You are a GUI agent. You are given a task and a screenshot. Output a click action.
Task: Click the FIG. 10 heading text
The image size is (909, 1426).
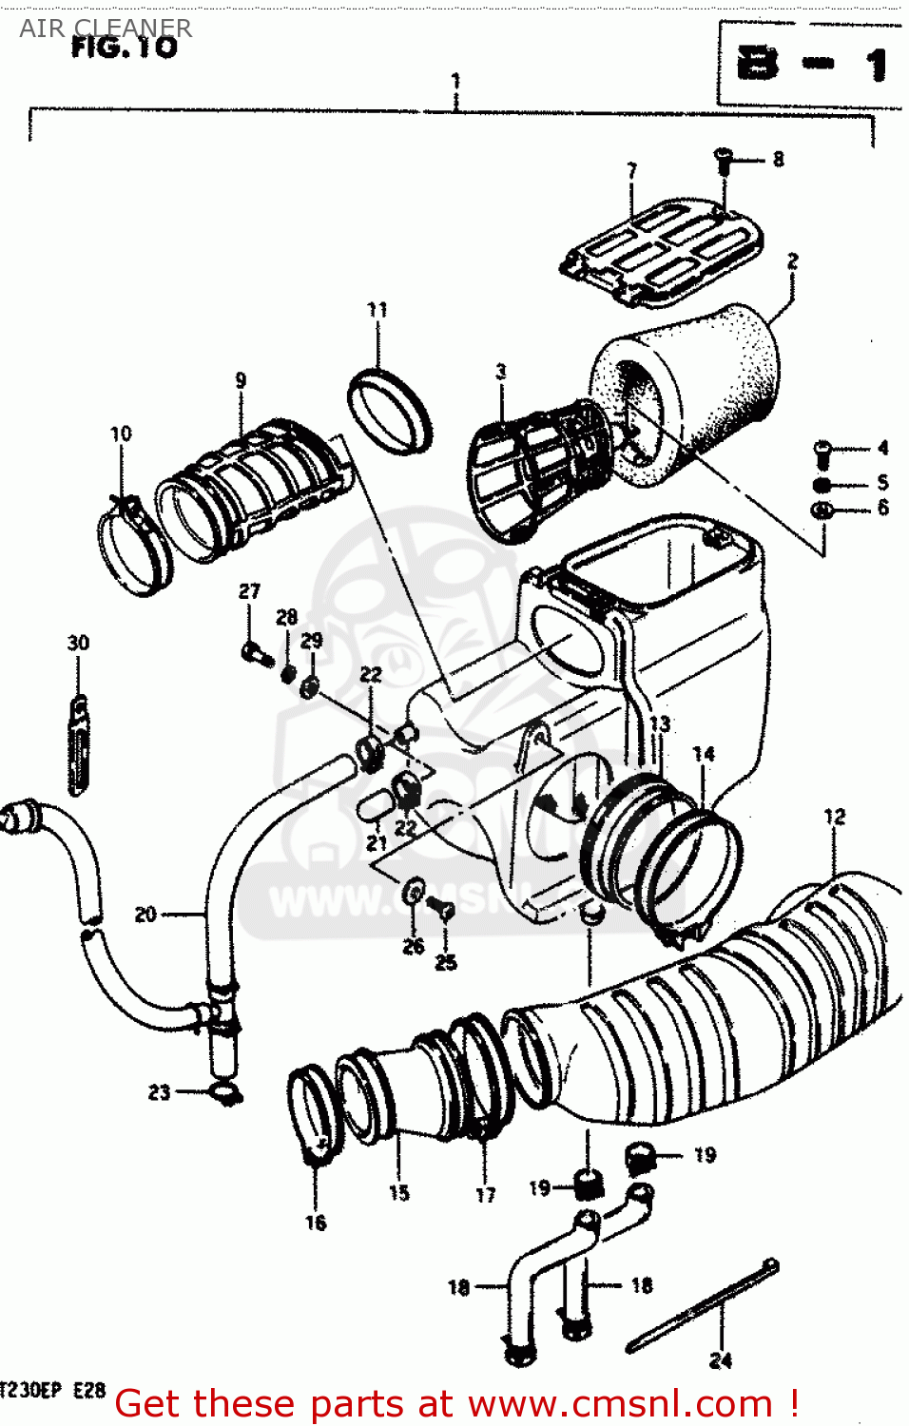[x=124, y=48]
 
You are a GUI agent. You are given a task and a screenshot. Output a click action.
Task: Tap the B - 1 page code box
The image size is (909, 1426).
[x=810, y=65]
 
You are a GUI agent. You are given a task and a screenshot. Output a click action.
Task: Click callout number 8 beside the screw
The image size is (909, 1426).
[x=778, y=160]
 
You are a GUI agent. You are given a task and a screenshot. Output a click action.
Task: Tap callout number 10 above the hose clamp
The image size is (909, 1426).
[x=121, y=434]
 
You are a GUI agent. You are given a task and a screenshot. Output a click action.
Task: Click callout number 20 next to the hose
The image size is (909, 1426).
[x=145, y=915]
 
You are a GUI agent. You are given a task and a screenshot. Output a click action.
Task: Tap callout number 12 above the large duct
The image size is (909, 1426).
[x=834, y=817]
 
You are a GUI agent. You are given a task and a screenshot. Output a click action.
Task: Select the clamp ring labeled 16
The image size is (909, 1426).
[x=312, y=1112]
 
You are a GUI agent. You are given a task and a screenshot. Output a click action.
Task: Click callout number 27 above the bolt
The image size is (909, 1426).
[x=249, y=591]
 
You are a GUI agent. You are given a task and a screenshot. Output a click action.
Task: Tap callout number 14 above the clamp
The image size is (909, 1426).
[x=704, y=754]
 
